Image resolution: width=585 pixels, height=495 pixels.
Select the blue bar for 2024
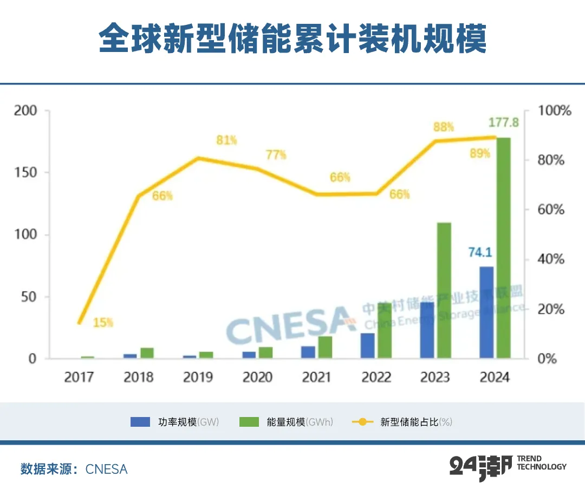(486, 312)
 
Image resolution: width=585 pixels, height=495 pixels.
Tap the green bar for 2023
(444, 290)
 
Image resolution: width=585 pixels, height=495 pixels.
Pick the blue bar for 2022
(368, 346)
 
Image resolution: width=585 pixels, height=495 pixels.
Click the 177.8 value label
(504, 123)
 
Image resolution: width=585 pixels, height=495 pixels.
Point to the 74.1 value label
(479, 252)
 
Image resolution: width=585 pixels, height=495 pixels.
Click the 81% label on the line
(226, 141)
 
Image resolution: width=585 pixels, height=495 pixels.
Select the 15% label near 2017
(103, 323)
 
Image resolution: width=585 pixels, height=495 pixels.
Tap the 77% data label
(276, 155)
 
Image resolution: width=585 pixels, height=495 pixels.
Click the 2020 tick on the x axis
(257, 377)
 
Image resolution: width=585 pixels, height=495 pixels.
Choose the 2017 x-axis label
(79, 377)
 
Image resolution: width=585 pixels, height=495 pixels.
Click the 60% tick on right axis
(551, 210)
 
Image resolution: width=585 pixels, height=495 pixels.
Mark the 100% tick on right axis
(554, 111)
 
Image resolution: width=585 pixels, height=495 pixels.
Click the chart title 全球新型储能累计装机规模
(292, 38)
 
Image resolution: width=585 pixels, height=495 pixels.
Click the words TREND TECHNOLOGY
(542, 463)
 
